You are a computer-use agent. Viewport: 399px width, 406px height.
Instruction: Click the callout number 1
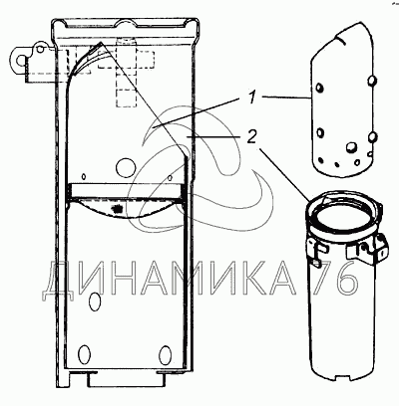(x=252, y=99)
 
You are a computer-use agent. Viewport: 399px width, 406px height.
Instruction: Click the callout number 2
(x=251, y=136)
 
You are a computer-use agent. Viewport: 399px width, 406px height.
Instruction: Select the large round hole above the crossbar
(x=126, y=167)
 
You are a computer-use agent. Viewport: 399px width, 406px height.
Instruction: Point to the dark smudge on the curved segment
(x=117, y=209)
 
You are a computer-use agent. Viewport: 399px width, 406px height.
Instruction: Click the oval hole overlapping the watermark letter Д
(x=95, y=302)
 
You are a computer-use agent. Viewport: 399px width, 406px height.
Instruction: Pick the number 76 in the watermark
(x=336, y=278)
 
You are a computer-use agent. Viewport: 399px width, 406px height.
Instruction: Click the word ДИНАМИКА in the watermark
(x=169, y=278)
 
